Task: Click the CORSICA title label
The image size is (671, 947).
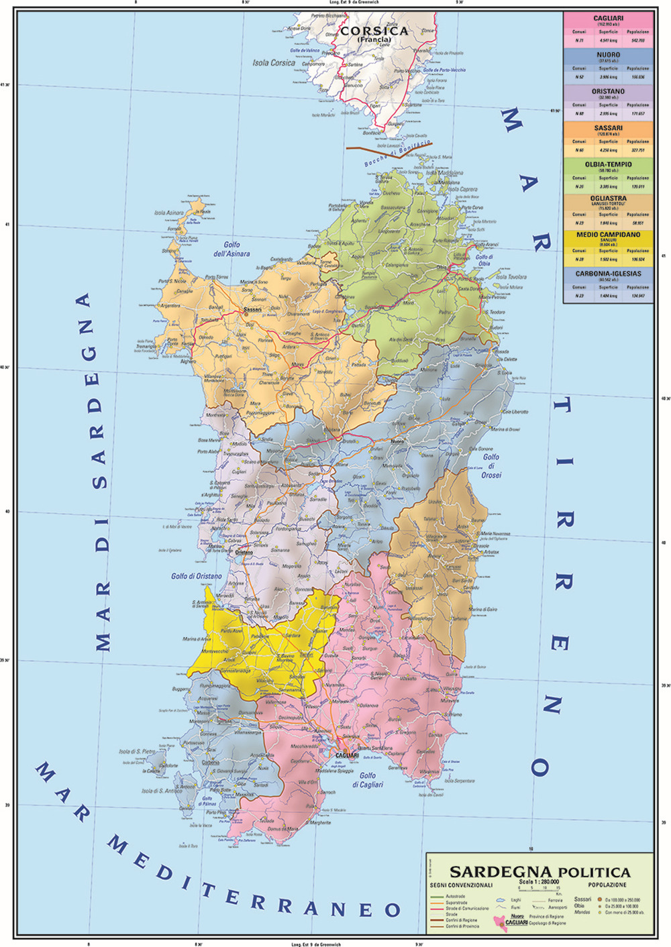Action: point(374,31)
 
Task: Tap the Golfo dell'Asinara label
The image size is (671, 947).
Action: point(231,249)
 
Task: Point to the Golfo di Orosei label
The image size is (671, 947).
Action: point(491,465)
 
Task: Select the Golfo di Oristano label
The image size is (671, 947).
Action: point(196,576)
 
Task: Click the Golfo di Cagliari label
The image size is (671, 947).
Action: point(367,780)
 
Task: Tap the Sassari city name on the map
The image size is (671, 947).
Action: point(252,309)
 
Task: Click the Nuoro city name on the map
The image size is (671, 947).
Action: point(397,441)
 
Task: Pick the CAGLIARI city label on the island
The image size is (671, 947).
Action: point(346,755)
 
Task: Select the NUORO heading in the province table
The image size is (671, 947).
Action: point(608,54)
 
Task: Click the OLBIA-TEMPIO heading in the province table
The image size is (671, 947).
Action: point(608,164)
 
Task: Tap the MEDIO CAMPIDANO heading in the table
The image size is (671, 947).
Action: point(608,235)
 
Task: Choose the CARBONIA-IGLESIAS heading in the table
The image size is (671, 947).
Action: point(608,274)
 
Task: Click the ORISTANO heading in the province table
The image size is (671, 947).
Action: point(608,91)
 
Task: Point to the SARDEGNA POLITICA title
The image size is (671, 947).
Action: point(539,872)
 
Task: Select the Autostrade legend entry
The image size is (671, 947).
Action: point(456,897)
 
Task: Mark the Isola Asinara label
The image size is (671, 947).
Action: point(168,213)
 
